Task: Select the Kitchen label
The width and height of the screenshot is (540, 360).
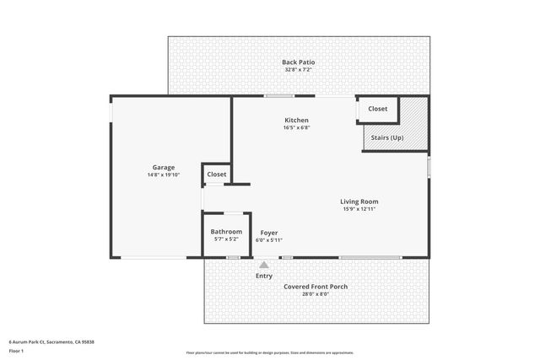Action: pyautogui.click(x=296, y=121)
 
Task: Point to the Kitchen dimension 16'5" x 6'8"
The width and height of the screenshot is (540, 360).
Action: pyautogui.click(x=296, y=128)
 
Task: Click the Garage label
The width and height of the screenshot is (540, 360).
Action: pyautogui.click(x=163, y=167)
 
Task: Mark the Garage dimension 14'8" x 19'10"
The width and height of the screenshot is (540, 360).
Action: pyautogui.click(x=163, y=175)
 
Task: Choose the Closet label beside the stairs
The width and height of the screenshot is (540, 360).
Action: pyautogui.click(x=377, y=109)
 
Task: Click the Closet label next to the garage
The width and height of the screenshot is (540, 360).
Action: pyautogui.click(x=217, y=175)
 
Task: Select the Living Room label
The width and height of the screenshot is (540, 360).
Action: pyautogui.click(x=359, y=201)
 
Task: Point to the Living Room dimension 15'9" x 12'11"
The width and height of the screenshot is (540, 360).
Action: pyautogui.click(x=359, y=209)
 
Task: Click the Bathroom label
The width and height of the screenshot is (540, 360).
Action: pyautogui.click(x=226, y=232)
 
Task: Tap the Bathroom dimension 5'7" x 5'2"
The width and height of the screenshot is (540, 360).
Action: pyautogui.click(x=226, y=239)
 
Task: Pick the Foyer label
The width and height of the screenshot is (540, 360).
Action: pyautogui.click(x=268, y=233)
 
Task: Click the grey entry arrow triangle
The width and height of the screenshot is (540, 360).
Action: pyautogui.click(x=264, y=265)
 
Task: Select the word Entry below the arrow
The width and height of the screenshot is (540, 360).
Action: pyautogui.click(x=264, y=276)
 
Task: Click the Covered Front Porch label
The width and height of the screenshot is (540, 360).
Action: pyautogui.click(x=316, y=287)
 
